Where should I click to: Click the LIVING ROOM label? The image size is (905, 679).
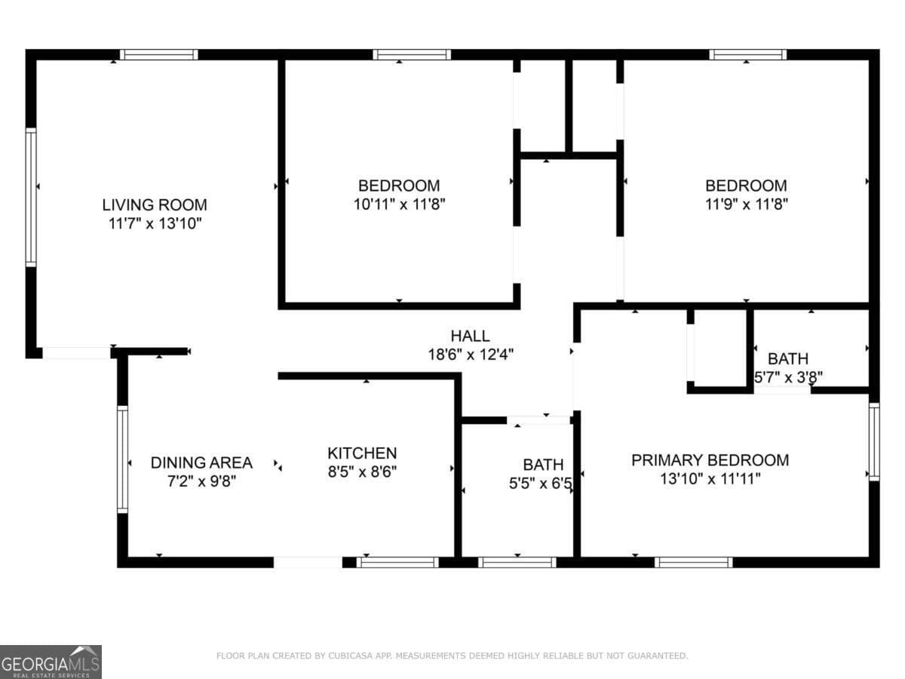(155, 204)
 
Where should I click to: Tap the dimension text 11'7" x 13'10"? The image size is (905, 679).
(155, 223)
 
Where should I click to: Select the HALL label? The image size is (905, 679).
(470, 336)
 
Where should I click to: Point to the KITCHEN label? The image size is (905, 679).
(362, 453)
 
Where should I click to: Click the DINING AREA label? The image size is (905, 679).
(201, 462)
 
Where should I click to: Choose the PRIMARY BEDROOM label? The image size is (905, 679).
(710, 459)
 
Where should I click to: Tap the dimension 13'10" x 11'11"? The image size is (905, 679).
(710, 478)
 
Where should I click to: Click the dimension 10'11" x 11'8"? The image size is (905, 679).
(399, 204)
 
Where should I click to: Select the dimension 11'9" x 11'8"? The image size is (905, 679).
(746, 204)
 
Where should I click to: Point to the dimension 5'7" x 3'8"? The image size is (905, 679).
(788, 376)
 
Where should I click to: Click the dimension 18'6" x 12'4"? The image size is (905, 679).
(470, 354)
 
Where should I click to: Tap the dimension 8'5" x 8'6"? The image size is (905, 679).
(362, 472)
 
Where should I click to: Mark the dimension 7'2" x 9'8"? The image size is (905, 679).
(201, 481)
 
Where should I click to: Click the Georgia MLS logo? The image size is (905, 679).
(51, 662)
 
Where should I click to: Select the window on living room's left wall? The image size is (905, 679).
(31, 197)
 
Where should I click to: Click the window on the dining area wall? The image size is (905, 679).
(122, 459)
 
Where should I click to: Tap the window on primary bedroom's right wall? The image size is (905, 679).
(873, 442)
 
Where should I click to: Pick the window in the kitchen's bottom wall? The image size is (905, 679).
(397, 562)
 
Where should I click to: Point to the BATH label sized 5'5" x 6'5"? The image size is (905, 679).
(542, 464)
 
